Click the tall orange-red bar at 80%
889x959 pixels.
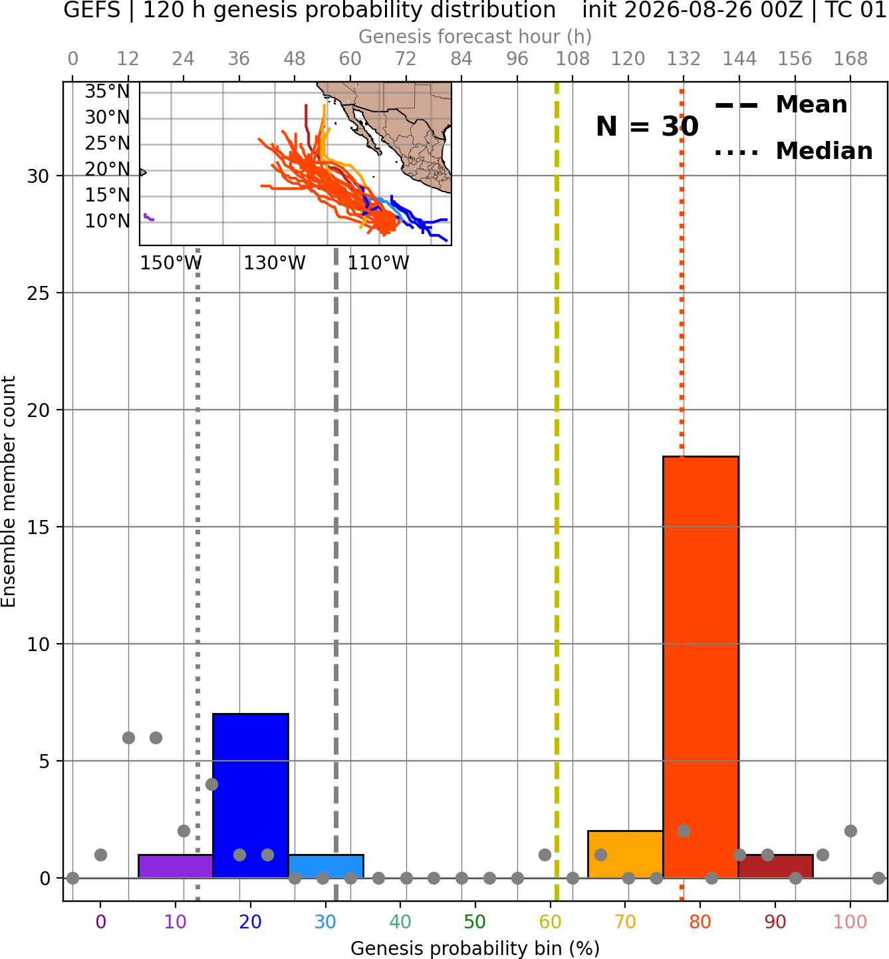point(701,667)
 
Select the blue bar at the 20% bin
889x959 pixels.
point(251,795)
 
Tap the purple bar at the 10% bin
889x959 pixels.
point(176,867)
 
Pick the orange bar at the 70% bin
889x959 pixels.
point(625,854)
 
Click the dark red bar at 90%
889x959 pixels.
point(775,867)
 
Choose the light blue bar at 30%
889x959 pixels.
point(326,867)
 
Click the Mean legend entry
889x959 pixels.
point(781,105)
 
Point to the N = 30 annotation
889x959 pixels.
point(647,126)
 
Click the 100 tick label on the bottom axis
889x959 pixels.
point(850,922)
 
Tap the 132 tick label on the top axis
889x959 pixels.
point(684,59)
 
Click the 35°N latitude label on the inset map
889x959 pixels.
point(107,91)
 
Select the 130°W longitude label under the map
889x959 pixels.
point(275,263)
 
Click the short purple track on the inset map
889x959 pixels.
point(149,217)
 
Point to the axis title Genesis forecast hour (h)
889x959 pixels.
point(475,37)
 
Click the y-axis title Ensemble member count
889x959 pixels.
point(8,491)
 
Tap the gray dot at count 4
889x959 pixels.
point(211,784)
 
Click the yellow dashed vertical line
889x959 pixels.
point(557,491)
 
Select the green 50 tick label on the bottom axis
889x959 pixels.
point(475,922)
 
